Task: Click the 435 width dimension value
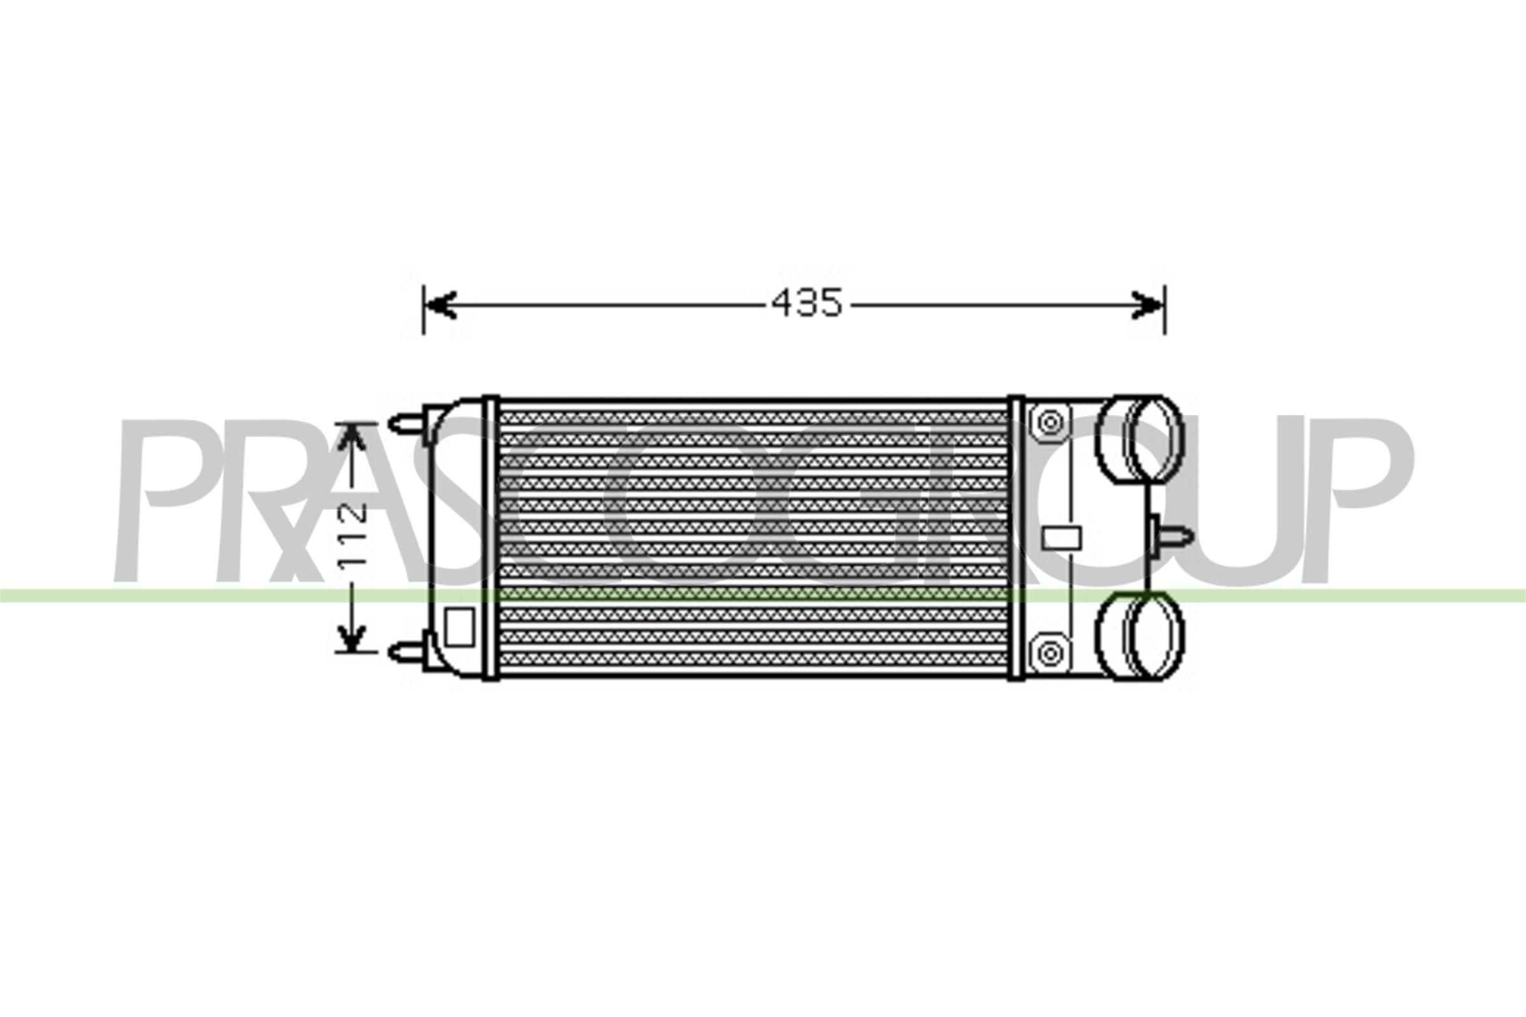coord(806,303)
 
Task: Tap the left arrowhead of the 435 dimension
coord(441,304)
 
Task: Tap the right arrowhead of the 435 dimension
coord(1147,304)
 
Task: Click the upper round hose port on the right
coord(1139,439)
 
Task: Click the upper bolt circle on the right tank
coord(1049,423)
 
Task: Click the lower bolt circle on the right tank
coord(1049,653)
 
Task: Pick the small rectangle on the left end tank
coord(459,627)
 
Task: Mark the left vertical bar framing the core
coord(490,537)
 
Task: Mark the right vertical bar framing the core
coord(1015,537)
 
